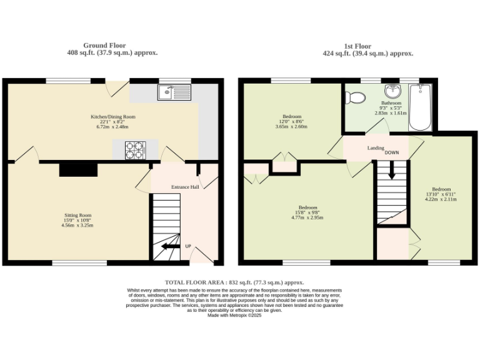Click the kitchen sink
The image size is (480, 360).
coord(174,93)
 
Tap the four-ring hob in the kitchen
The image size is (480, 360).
coord(134,150)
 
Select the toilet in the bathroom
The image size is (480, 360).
coord(357,97)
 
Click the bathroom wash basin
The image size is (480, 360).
coord(394,92)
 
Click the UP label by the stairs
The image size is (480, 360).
coord(187,246)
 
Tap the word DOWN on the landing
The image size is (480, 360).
coord(392,152)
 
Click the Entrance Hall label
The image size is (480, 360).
coord(184,187)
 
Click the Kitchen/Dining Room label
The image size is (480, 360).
coord(112,116)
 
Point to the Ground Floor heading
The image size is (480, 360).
coord(104,45)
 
